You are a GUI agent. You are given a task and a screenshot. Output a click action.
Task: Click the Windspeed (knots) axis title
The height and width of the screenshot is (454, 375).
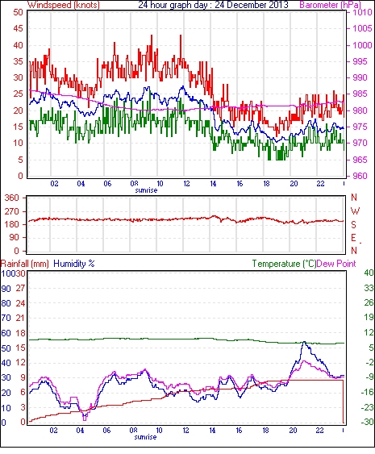coord(64,5)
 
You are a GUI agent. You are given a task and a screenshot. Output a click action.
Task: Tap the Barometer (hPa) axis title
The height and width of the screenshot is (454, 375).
coord(331,5)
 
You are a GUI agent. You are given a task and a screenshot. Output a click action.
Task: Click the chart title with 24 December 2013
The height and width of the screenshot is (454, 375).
coord(213,5)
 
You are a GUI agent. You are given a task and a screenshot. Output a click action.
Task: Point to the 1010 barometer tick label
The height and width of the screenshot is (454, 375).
coord(362,12)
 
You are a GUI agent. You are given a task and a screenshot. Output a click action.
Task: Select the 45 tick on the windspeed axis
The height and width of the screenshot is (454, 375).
coord(19,28)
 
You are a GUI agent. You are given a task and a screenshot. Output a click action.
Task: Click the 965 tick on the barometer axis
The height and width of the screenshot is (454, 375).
coord(360,160)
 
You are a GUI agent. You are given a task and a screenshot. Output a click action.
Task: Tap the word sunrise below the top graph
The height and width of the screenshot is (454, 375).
coord(146,190)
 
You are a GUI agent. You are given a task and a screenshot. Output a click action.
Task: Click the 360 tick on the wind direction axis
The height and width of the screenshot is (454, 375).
coord(12,198)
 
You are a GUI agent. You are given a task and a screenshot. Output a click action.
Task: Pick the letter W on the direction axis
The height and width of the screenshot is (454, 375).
coord(355,211)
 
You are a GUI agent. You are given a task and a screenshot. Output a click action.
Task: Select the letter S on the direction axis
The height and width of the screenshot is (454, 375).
coord(353,225)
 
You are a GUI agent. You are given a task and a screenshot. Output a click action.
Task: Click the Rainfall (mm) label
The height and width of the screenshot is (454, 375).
coord(25,264)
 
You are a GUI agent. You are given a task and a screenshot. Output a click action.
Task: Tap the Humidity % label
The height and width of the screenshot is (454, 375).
coord(74,264)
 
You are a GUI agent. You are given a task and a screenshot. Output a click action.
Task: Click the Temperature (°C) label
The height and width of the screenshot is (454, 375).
coord(284,264)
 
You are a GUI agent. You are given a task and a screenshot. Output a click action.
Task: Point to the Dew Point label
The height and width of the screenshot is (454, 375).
coord(336,264)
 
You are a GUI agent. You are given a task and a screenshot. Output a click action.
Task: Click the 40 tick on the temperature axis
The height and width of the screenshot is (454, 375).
coord(369,273)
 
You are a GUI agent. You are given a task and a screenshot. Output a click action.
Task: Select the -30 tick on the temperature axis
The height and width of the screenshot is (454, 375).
coord(368,422)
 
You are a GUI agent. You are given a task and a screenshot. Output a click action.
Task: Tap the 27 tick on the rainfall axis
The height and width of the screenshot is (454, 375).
coord(20,289)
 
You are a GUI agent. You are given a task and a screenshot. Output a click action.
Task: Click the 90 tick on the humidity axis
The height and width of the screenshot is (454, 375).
coord(6,289)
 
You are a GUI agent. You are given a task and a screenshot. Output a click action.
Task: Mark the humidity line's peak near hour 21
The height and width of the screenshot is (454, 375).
coord(304,342)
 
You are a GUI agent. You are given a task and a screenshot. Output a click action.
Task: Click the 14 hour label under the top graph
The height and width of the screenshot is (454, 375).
coord(213,184)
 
